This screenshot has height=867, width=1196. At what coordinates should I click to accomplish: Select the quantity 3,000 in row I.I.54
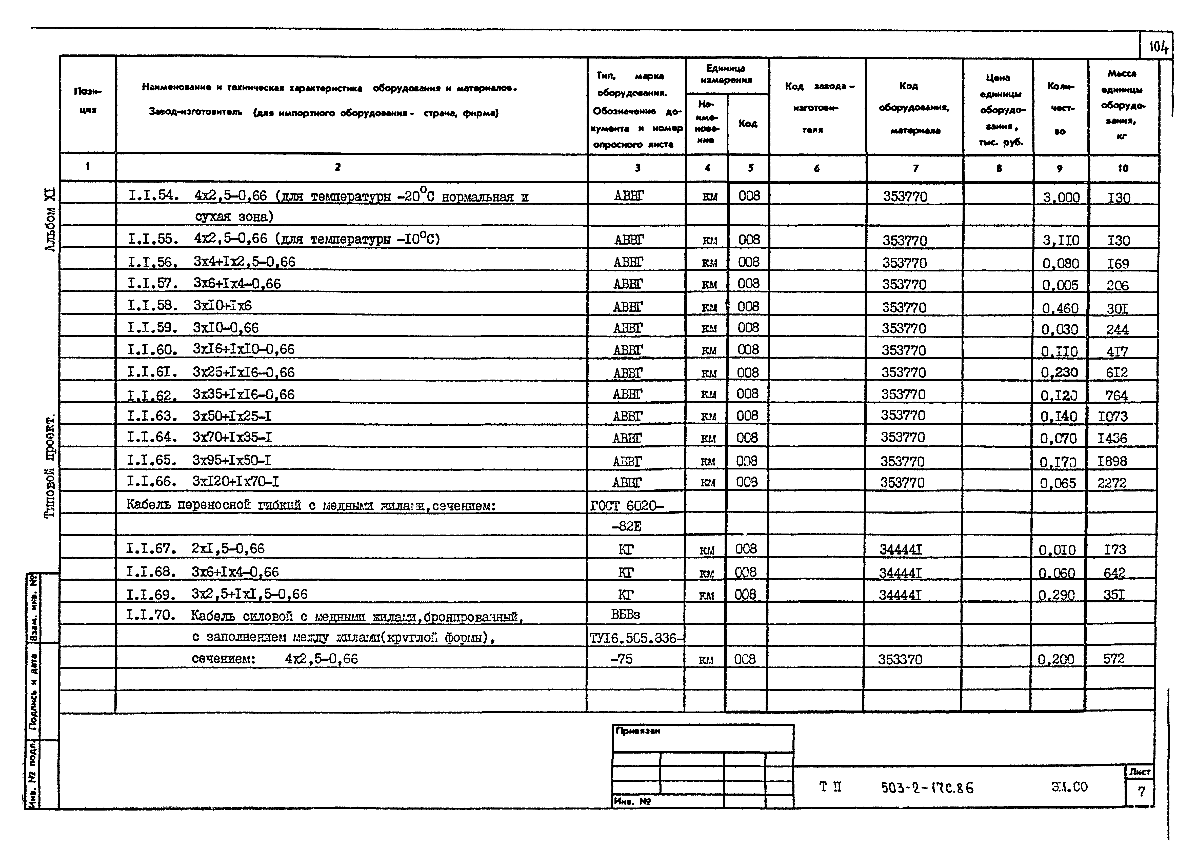coord(1061,197)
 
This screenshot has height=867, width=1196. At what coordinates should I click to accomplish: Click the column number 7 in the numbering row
coord(915,168)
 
